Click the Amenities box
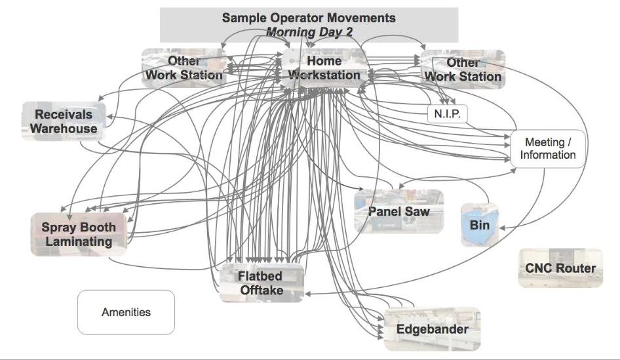coord(126,312)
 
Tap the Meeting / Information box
coord(548,149)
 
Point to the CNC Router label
coord(560,268)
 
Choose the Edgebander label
coord(433,329)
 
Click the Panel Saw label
coord(398,212)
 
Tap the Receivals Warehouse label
coord(64,121)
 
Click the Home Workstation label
coord(324,68)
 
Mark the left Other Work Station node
coord(184,68)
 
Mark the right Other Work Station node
coord(463,70)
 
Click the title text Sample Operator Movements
coord(309,18)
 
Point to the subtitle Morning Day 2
coord(309,31)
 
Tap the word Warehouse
coord(64,129)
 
